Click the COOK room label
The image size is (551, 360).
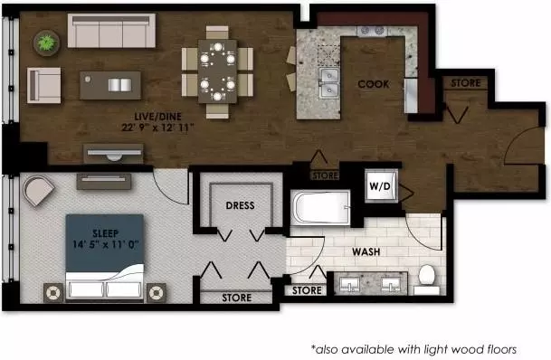pos(374,84)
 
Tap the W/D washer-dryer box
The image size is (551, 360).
pos(381,185)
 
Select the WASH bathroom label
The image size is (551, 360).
pos(366,251)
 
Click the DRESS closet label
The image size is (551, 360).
pos(241,205)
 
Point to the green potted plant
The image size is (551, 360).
pos(47,43)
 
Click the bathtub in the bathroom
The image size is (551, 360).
pos(320,207)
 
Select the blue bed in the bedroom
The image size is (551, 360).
pos(105,257)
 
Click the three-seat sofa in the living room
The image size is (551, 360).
pos(111,31)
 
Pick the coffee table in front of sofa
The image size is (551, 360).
pos(110,85)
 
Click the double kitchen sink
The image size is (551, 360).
pos(329,83)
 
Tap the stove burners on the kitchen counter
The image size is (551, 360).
pos(372,31)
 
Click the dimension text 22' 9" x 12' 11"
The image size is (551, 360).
pos(157,128)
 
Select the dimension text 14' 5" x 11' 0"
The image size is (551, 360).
pos(106,244)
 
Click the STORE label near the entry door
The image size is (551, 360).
pos(466,83)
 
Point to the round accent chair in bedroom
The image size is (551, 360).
pos(38,191)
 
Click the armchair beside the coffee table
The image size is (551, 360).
pos(44,85)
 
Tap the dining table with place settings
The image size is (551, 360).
pos(217,71)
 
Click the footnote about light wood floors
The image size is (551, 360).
pos(414,349)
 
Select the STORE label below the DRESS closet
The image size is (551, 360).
pos(237,298)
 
